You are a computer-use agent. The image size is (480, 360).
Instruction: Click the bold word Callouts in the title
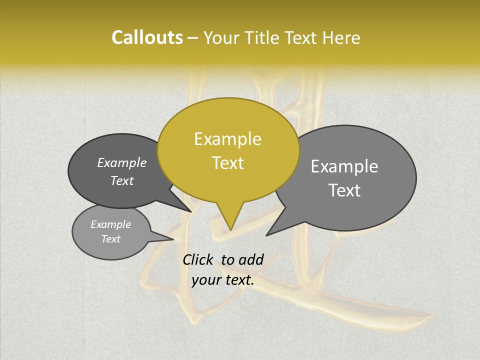click(x=147, y=37)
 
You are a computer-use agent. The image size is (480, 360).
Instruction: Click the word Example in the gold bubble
click(x=227, y=139)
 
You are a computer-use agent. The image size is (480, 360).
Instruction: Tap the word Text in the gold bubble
click(x=227, y=163)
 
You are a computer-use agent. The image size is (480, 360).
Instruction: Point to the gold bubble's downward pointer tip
click(x=230, y=229)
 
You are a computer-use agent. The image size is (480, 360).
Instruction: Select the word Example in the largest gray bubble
click(x=344, y=166)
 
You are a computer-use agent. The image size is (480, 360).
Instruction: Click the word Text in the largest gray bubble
click(x=344, y=190)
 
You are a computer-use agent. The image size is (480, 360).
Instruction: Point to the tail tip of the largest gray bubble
click(x=266, y=235)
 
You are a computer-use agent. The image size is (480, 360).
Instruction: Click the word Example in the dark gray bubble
click(x=121, y=162)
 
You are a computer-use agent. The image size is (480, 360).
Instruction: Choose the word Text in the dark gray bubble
click(x=121, y=180)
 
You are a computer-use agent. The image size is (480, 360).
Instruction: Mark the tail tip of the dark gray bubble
click(x=191, y=211)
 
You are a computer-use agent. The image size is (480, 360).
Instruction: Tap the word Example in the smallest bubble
click(x=110, y=224)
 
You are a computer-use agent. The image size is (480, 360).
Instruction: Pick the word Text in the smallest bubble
click(x=110, y=239)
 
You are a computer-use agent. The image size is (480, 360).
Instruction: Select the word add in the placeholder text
click(x=251, y=259)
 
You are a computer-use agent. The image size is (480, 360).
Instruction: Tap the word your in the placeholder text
click(x=205, y=280)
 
